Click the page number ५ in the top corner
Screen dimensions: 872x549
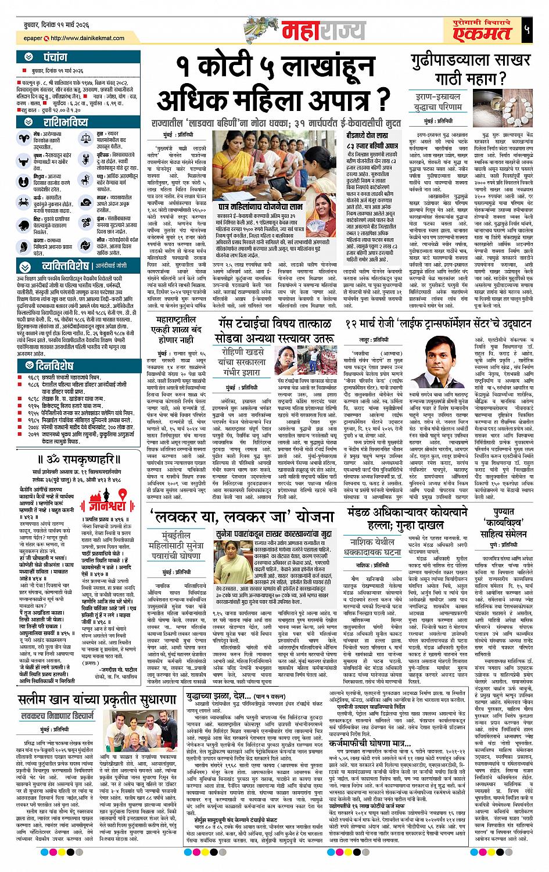coord(526,30)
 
